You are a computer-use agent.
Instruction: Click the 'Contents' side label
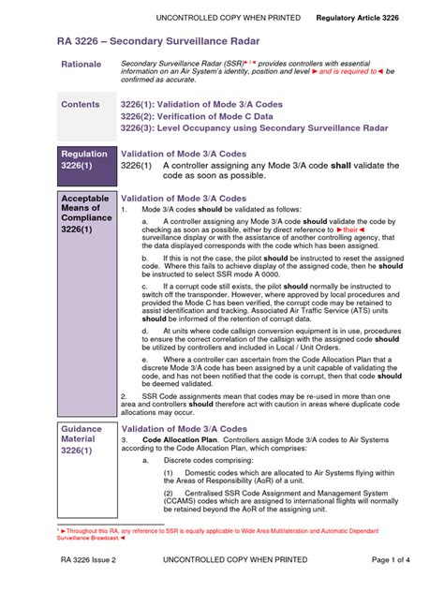(81, 104)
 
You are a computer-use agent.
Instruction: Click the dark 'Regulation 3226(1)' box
(85, 160)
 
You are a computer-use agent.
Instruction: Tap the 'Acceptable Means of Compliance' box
(85, 214)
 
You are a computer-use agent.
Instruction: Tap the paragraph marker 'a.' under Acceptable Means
(145, 221)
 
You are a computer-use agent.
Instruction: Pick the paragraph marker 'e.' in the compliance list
(145, 359)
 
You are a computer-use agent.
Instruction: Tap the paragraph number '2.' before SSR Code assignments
(124, 395)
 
